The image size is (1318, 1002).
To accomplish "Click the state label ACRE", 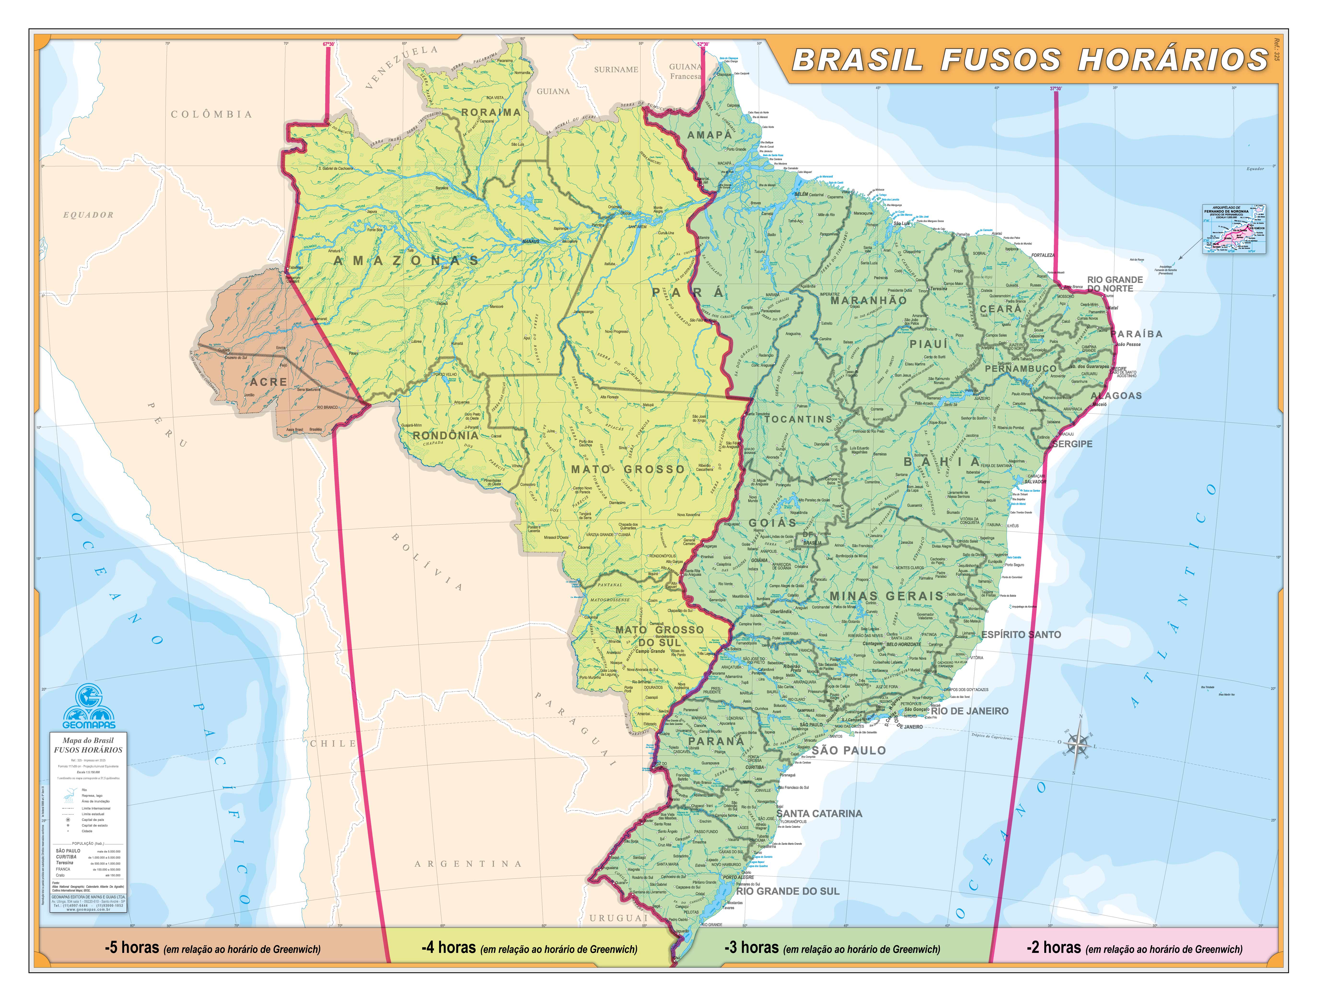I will pos(268,382).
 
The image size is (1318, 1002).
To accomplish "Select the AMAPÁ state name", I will pos(709,135).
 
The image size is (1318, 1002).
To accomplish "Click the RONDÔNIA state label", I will pos(445,435).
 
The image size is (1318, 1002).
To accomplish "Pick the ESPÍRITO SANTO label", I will pos(1021,635).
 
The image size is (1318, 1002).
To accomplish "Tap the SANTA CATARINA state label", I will pos(819,813).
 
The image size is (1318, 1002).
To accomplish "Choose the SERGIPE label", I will pos(1072,444).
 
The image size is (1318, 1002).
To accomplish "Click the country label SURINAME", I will pos(616,70).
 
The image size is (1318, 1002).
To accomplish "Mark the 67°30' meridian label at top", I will pos(329,44).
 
